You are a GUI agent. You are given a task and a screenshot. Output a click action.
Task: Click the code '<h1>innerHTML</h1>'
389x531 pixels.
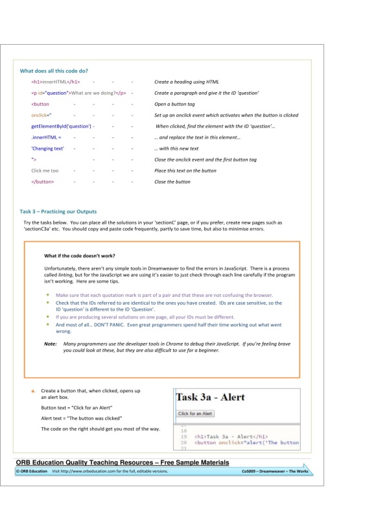[x=55, y=82]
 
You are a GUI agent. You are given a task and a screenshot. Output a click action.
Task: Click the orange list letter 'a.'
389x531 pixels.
[x=33, y=392]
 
